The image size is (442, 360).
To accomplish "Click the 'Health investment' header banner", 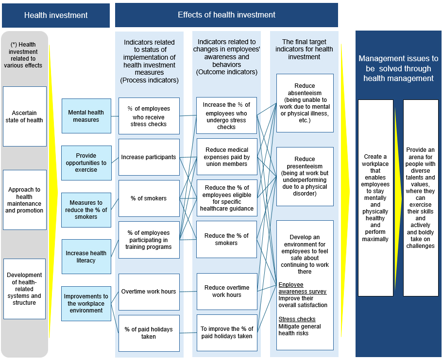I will pos(56,16).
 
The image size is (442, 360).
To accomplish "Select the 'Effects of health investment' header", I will pos(226,15).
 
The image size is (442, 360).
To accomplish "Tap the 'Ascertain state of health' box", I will pos(25,116).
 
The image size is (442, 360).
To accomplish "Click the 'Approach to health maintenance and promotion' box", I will pos(25,200).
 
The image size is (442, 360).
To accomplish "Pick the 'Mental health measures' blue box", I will pos(86,116).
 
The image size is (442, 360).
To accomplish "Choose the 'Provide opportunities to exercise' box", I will pos(86,163).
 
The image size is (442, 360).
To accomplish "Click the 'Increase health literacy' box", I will pos(86,257).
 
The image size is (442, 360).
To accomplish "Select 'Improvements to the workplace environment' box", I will pos(86,303).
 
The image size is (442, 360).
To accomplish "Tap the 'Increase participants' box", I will pos(149,157).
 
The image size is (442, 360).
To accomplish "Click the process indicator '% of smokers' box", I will pos(149,198).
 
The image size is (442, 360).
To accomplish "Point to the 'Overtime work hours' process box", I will pos(149,292).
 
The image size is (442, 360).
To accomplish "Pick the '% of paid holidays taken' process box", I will pos(149,333).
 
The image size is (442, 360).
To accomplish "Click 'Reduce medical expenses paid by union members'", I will pos(226,157).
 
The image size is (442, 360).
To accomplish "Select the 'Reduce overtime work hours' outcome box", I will pos(226,291).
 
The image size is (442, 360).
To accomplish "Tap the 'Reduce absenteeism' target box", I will pos(305,103).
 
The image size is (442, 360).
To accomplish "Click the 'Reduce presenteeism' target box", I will pos(305,176).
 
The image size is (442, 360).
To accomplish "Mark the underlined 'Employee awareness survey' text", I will pos(302,288).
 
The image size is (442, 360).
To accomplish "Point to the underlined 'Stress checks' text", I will pos(297,319).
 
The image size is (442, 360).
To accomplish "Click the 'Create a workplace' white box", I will pos(375,198).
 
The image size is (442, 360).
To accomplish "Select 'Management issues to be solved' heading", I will pos(398,68).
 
